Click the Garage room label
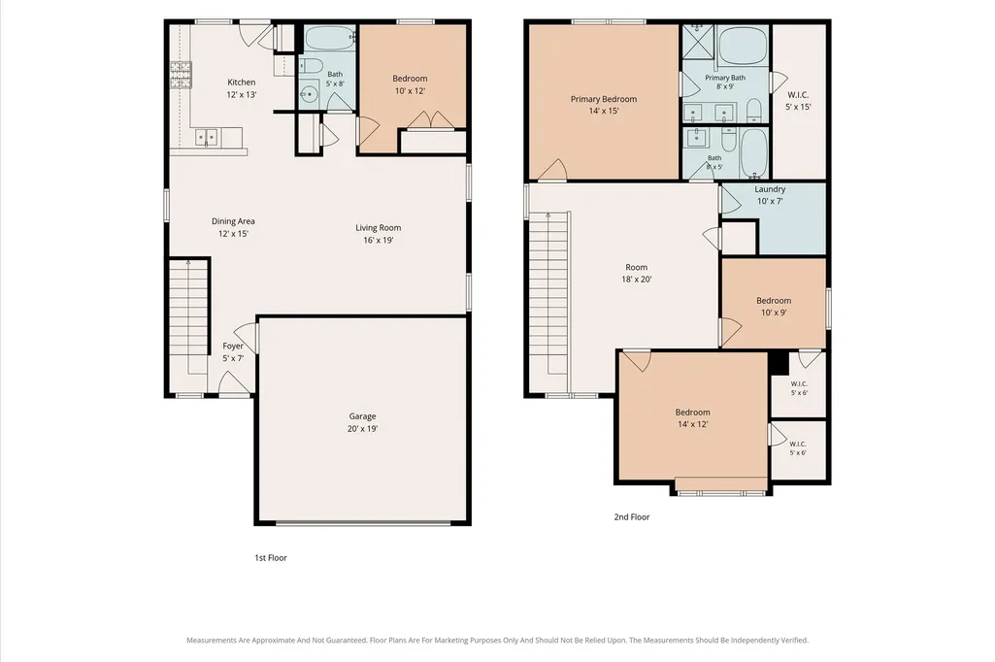[x=362, y=416]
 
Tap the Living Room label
[x=379, y=228]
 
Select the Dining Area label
[x=233, y=221]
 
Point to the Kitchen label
[x=242, y=83]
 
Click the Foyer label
[x=233, y=347]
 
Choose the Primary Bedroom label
[x=604, y=99]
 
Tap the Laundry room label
[x=771, y=189]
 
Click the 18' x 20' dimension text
[x=637, y=280]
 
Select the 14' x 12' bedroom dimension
[x=692, y=424]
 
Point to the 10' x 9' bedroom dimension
[x=774, y=313]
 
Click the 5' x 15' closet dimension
[x=798, y=107]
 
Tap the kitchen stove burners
[x=181, y=75]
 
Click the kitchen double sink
[x=206, y=137]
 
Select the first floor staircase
[x=189, y=308]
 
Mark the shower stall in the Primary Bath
[x=698, y=42]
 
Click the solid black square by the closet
[x=779, y=363]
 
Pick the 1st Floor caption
[x=271, y=558]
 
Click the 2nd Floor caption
[x=631, y=517]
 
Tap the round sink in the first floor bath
[x=309, y=94]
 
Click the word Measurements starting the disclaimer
[x=212, y=641]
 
